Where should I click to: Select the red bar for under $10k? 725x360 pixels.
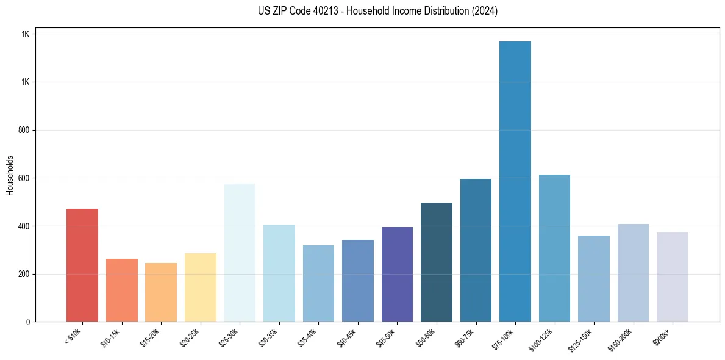(82, 265)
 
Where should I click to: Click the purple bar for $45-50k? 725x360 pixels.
(397, 275)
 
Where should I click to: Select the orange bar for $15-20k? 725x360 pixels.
(161, 292)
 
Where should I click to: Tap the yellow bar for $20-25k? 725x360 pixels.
(201, 287)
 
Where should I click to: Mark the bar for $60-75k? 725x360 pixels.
(476, 250)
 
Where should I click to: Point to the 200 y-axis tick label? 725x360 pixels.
(24, 274)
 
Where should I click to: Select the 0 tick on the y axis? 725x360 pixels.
(27, 322)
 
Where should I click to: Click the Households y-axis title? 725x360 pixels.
(10, 175)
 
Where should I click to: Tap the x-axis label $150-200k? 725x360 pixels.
(620, 339)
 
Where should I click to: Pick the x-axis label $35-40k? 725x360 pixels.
(307, 337)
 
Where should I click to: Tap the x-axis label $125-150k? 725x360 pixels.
(580, 339)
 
